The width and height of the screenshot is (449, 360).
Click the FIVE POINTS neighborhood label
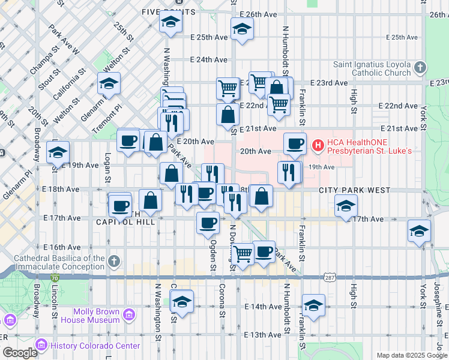[x=168, y=12]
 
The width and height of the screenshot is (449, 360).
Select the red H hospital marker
[x=318, y=145]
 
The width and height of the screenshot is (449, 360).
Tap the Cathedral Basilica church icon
[x=114, y=262]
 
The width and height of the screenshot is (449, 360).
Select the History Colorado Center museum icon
[x=41, y=346]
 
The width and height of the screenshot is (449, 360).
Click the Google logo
[x=19, y=353]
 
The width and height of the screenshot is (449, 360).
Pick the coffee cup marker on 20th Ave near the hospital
[x=295, y=143]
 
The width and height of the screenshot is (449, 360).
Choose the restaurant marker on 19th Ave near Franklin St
[x=289, y=172]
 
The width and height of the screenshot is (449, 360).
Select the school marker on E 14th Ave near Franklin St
[x=313, y=305]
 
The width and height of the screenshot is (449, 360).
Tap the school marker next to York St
[x=419, y=231]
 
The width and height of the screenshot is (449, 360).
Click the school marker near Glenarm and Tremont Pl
[x=109, y=83]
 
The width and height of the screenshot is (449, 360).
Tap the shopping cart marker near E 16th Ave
[x=243, y=254]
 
